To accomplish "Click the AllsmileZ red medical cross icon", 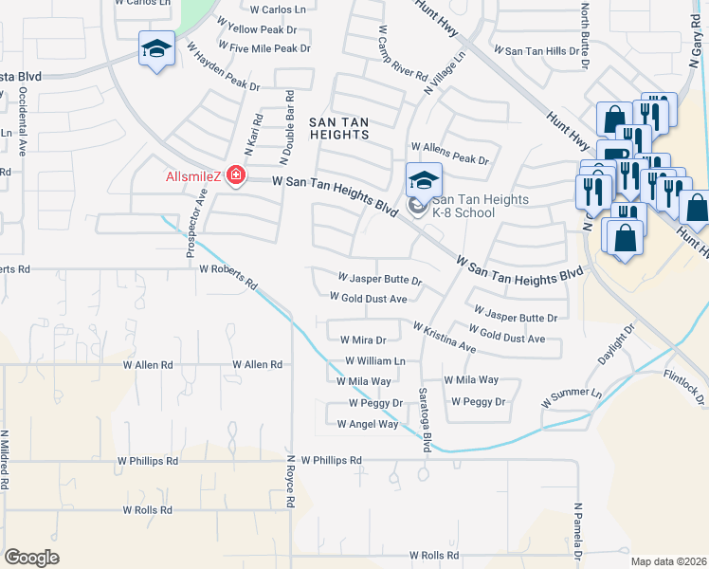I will coord(233,176).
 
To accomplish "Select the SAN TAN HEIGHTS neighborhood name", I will coord(338,128).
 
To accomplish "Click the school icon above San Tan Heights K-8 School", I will coord(424,179).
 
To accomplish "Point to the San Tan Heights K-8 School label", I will coord(464,206).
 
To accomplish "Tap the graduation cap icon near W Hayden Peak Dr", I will coord(156,48).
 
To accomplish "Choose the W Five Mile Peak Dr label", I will coord(264,48).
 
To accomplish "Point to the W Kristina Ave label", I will coord(444,337).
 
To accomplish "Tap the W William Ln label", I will coord(375,361).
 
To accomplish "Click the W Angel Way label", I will coord(368,424).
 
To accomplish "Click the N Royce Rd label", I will coord(293,484).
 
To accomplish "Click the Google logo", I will coord(31,558).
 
